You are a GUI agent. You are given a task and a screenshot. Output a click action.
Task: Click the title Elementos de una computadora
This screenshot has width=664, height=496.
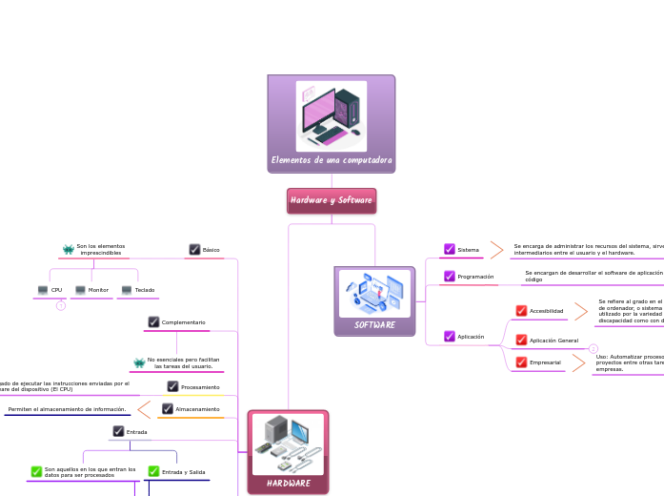coord(332,160)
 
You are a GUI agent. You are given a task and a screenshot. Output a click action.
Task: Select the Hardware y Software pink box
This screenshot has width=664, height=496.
coord(332,200)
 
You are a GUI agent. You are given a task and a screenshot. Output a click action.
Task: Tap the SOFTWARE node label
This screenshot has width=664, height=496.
coord(374,324)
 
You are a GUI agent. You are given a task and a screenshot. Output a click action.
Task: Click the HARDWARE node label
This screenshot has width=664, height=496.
coord(288,484)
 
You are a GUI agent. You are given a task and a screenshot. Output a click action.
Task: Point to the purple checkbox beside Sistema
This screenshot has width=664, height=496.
coord(450,249)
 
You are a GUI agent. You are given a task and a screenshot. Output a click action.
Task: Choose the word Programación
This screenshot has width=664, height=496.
coord(475,276)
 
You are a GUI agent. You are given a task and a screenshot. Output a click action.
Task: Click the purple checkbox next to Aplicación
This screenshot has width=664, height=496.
coord(450,336)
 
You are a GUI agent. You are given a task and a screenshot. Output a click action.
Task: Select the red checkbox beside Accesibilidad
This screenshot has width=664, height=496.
coord(521,311)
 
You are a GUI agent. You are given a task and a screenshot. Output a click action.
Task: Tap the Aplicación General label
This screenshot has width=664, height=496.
coord(553,340)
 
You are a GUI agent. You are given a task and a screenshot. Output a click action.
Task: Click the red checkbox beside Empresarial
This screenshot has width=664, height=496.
coord(521,362)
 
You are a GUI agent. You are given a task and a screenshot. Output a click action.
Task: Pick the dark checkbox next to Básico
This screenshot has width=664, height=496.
coord(194,249)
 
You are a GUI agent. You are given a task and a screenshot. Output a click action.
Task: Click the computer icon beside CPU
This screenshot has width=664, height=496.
coord(43,289)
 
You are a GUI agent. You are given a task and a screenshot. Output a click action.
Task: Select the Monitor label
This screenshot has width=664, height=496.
coord(98,289)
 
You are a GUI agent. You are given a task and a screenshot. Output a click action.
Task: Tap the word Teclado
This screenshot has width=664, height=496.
coord(145,289)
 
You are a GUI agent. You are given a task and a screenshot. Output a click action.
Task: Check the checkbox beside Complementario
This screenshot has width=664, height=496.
coord(153,321)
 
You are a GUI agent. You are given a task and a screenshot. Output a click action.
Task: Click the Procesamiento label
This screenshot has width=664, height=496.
coord(200,386)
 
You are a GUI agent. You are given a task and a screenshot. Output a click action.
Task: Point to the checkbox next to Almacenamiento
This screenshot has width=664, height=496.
coord(168,408)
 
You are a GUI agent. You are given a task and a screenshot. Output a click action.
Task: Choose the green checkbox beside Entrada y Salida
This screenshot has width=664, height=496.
coord(153,471)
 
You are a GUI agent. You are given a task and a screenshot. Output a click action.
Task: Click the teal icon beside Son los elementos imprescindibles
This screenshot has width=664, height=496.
coord(68,249)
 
